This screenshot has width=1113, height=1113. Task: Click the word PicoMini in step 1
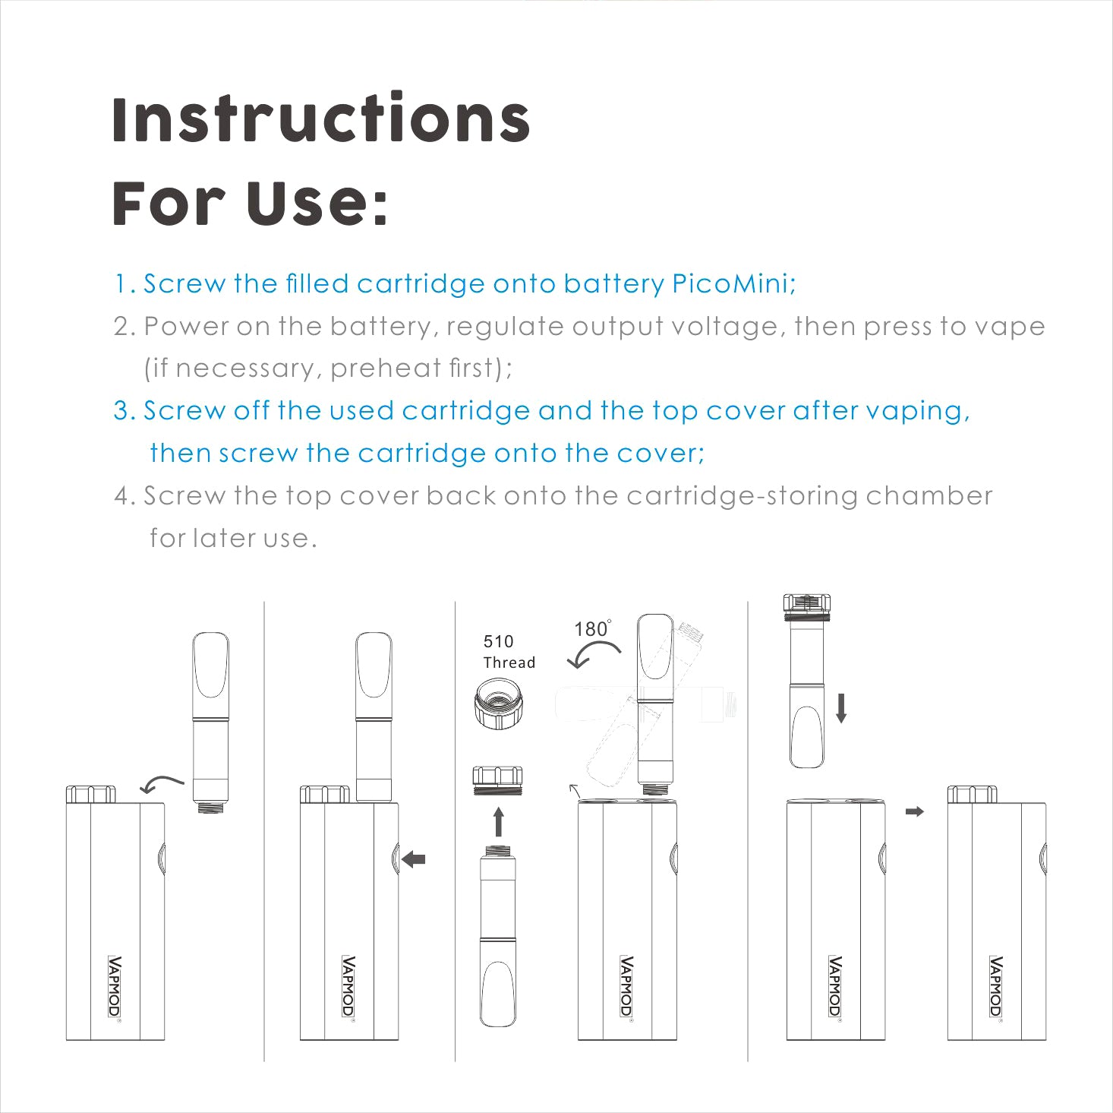tap(733, 284)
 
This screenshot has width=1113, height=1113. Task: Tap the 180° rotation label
tap(593, 628)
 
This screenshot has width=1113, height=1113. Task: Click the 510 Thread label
tap(509, 652)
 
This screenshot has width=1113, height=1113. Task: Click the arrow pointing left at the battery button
tap(413, 859)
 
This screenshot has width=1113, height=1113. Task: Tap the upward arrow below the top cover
tap(499, 822)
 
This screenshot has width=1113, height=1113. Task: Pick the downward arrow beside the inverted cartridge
tap(841, 708)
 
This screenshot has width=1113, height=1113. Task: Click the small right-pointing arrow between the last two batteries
tap(915, 811)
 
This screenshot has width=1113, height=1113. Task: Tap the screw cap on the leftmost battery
tap(90, 795)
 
